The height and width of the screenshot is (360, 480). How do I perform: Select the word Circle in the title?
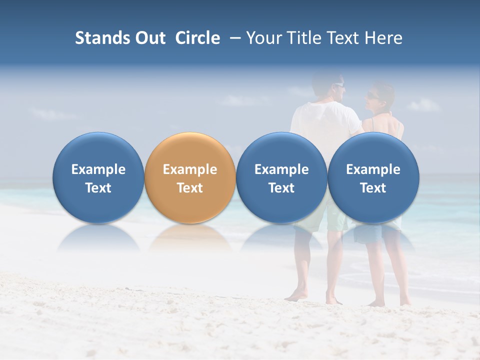point(197,38)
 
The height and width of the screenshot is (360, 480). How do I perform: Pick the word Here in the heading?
point(383,38)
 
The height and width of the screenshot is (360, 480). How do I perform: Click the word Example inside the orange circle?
point(190,169)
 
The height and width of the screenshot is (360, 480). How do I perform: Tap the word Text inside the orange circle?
point(190,188)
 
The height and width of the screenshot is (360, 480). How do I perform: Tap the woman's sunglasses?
point(372,95)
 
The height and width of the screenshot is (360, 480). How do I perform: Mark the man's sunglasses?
point(339,85)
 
